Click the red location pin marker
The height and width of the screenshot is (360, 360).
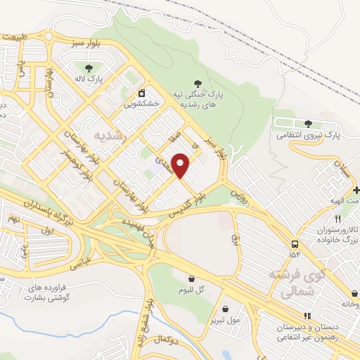tap(181, 166)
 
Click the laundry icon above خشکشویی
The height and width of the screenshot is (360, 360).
tap(141, 93)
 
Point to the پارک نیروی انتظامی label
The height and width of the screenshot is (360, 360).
tap(307, 133)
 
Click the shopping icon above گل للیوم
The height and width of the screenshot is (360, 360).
tap(191, 278)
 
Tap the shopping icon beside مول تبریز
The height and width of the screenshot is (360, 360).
tap(225, 309)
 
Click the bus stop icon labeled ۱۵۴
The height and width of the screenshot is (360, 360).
tap(292, 243)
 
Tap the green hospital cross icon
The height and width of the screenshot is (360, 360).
tap(356, 191)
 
